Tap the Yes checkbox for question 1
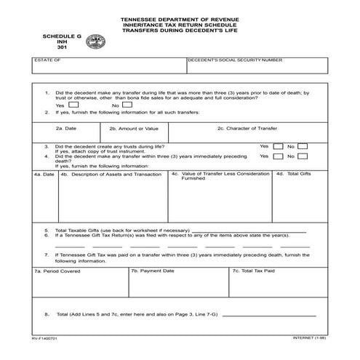click(73, 105)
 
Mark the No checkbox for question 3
click(303, 146)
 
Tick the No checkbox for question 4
click(303, 156)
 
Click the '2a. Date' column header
click(66, 128)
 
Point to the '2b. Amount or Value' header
click(133, 128)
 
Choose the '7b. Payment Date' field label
click(152, 271)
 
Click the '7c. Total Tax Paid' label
click(253, 271)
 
